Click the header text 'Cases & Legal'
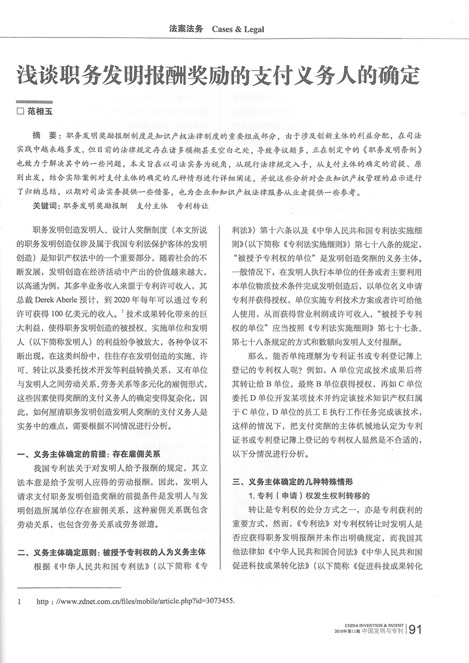click(x=237, y=29)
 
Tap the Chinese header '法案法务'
click(x=186, y=29)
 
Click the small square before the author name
click(x=20, y=112)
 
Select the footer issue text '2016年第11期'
click(x=347, y=631)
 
